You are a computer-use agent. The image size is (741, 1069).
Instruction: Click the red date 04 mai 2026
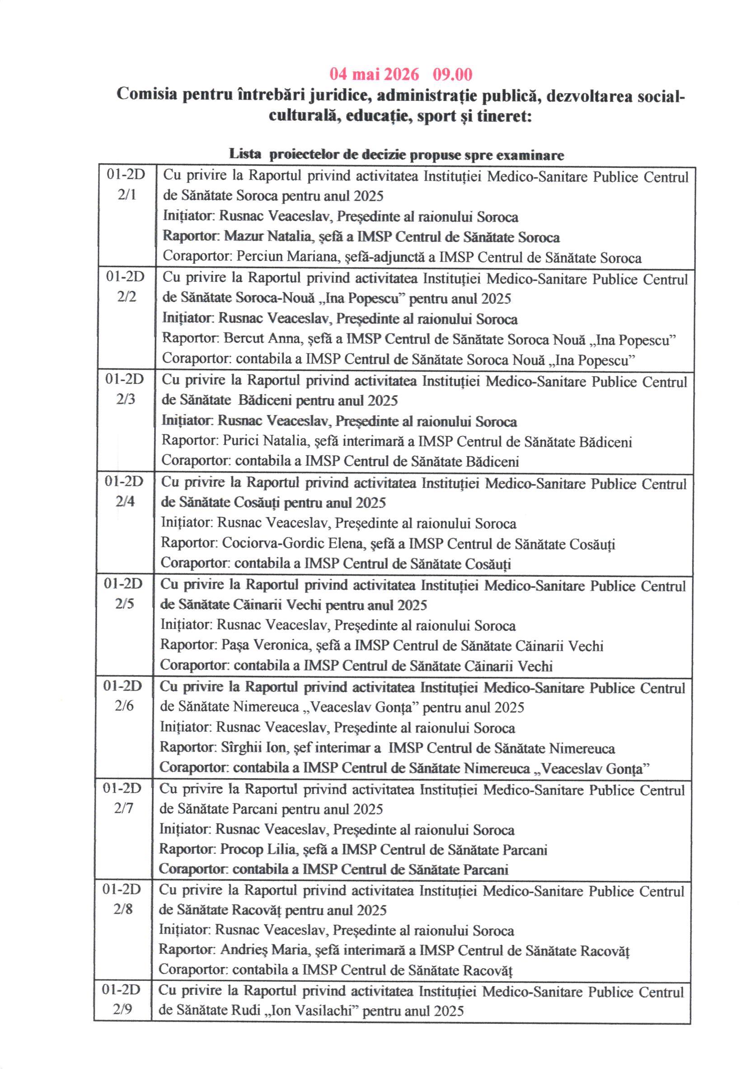coord(374,74)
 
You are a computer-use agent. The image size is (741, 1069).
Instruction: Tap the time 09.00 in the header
coord(452,74)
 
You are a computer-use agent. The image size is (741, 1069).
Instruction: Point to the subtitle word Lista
coord(245,155)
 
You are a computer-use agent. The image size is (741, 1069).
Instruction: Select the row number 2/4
coord(125,501)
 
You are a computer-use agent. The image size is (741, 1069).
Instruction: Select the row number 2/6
coord(124,706)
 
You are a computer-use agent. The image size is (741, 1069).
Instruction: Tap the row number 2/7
coord(123,808)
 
